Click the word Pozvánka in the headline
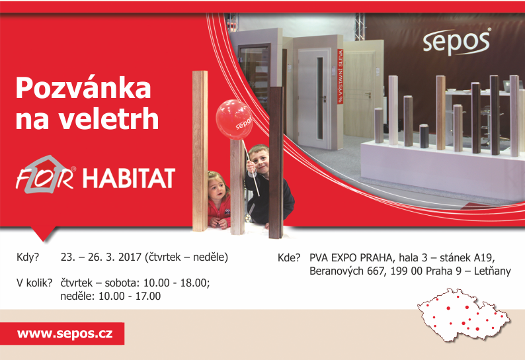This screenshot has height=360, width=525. (x=83, y=88)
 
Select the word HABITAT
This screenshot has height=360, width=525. (x=129, y=178)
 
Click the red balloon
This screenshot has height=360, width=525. (x=234, y=119)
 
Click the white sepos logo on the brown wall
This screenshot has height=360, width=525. (x=457, y=42)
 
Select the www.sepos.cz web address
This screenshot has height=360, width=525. (x=65, y=334)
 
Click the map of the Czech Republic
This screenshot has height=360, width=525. (x=464, y=315)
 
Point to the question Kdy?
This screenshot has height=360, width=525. (x=28, y=257)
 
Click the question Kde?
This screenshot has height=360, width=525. (x=289, y=258)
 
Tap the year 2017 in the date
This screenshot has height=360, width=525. (x=130, y=257)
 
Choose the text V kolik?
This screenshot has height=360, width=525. (x=34, y=283)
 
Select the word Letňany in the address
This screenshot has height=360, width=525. (x=493, y=271)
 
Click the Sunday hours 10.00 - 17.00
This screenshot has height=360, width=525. (x=130, y=296)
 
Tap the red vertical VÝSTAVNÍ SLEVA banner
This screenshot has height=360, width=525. (x=340, y=76)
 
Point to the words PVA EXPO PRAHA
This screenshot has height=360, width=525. (x=351, y=258)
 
